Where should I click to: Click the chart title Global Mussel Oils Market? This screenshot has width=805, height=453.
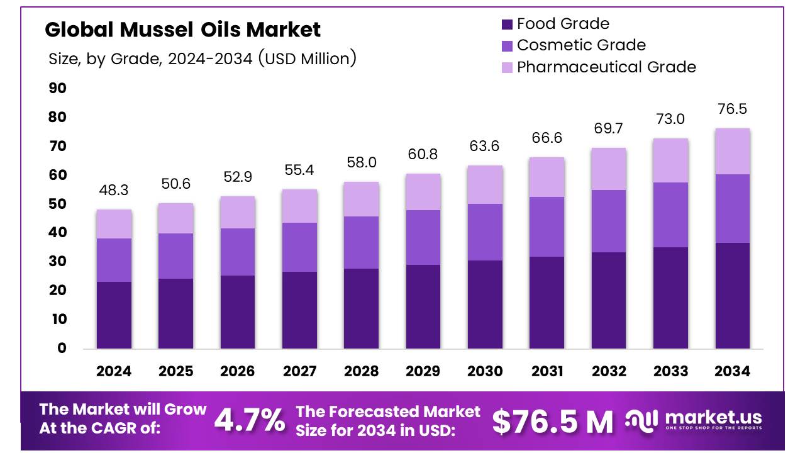click(x=182, y=29)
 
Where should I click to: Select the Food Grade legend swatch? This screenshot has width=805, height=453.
click(x=507, y=25)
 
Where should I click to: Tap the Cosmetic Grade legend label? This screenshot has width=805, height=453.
click(x=580, y=45)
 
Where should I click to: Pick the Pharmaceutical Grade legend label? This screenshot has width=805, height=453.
click(x=606, y=67)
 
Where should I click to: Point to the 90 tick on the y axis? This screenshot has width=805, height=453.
click(x=57, y=88)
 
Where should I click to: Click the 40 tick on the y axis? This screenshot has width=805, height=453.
click(x=57, y=233)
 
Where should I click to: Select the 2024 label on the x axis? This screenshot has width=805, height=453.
click(x=114, y=371)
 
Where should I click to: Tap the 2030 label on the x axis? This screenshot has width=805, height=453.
click(x=485, y=371)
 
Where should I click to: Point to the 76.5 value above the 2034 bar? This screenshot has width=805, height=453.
click(x=732, y=109)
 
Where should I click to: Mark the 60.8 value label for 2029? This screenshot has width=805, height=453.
click(x=423, y=154)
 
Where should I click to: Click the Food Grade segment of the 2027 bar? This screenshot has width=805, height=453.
click(x=299, y=310)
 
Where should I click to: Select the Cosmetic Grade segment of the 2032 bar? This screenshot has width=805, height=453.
click(x=608, y=221)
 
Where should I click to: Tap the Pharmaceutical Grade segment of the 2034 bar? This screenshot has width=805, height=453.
click(x=732, y=151)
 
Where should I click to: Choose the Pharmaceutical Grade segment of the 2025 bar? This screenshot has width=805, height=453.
click(x=175, y=218)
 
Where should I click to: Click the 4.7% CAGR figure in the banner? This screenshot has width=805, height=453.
click(x=250, y=420)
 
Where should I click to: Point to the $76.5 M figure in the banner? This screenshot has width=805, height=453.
click(x=552, y=422)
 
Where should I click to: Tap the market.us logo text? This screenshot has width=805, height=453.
click(x=713, y=418)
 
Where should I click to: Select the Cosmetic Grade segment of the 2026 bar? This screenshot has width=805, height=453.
click(x=237, y=252)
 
